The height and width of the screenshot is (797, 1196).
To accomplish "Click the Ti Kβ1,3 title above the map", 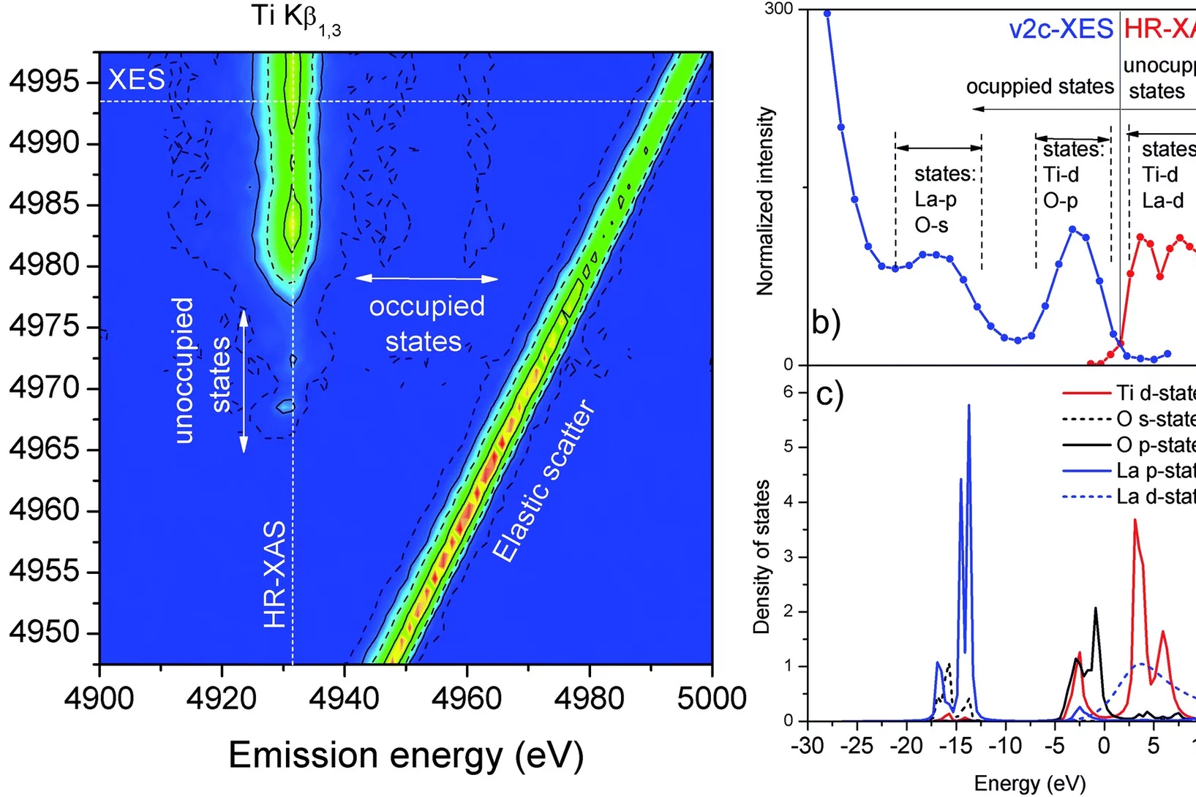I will [x=296, y=18].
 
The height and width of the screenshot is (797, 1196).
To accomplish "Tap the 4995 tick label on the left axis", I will [x=44, y=82].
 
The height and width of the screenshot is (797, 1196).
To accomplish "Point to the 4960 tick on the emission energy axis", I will [x=467, y=698].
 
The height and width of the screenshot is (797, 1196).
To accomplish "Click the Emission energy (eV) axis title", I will [x=406, y=755].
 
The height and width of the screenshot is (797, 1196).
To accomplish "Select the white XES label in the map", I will [x=137, y=79].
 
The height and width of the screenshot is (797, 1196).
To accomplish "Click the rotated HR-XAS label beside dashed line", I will [x=275, y=574].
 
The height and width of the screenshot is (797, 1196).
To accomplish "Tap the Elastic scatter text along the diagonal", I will [x=544, y=481].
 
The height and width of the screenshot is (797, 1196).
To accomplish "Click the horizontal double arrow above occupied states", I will [x=426, y=279].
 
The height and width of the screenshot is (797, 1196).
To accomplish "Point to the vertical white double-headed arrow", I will [x=244, y=380].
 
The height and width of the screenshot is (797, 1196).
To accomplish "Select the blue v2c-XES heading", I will [x=1061, y=29].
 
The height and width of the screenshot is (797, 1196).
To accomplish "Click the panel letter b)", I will [x=827, y=322].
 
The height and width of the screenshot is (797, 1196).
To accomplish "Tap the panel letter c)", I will [x=830, y=395].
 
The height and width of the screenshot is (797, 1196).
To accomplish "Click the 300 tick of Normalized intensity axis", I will [x=778, y=10].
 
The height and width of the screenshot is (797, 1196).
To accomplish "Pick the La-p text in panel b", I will [x=936, y=200].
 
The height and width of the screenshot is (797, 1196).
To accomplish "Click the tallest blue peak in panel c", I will [x=969, y=407].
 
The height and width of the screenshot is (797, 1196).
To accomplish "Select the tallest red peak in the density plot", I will [x=1135, y=521].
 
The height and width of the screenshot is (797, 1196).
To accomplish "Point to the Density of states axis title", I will [x=762, y=556].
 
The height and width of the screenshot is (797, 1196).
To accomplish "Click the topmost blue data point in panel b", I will [x=827, y=13].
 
